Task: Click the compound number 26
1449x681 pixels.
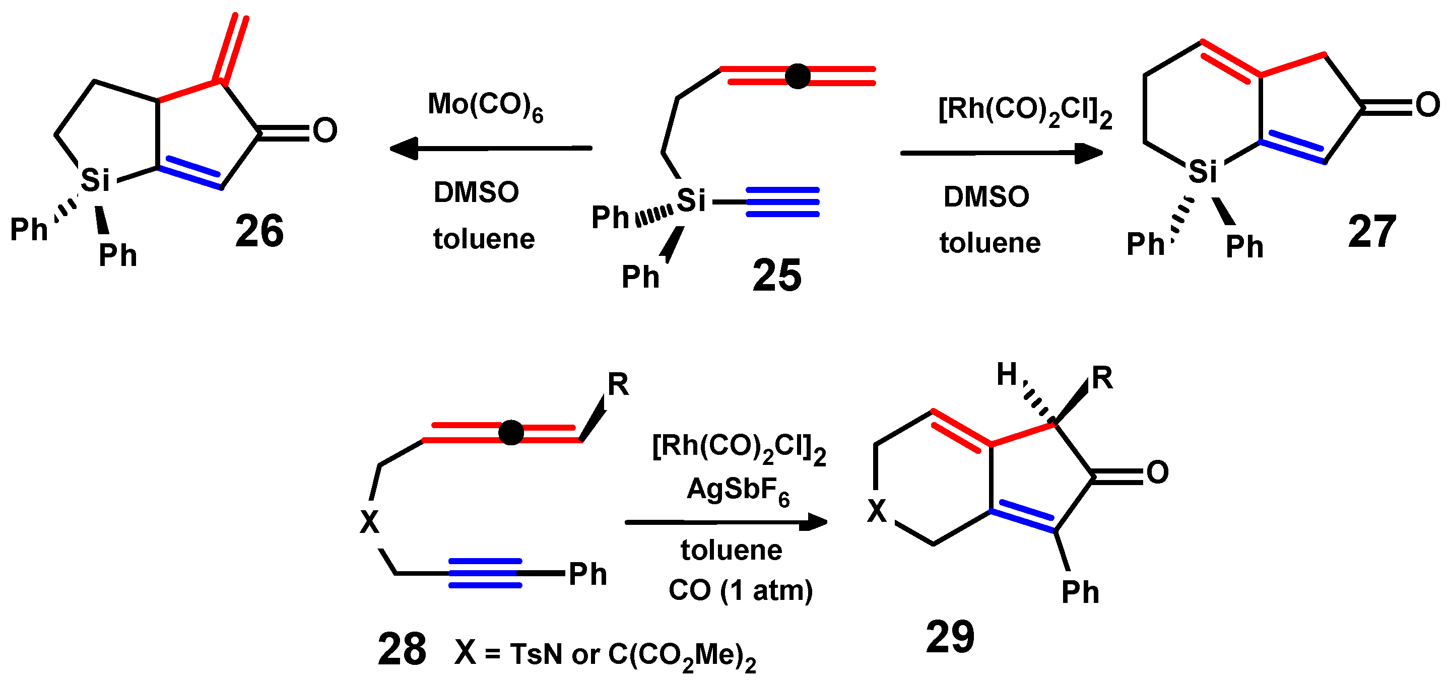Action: point(259,231)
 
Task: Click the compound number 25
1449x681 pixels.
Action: point(777,276)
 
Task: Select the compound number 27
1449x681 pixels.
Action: point(1372,232)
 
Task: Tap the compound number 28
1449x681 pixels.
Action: point(402,649)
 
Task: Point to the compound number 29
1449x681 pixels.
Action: point(950,637)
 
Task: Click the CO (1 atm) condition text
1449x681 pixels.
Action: point(740,590)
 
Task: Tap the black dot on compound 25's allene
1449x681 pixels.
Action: point(797,76)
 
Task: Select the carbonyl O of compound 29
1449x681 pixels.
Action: point(1157,472)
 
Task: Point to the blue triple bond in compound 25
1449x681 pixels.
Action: point(782,202)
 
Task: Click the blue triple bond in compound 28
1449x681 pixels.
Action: point(485,573)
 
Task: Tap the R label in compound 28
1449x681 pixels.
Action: point(618,385)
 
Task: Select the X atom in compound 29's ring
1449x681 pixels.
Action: point(876,511)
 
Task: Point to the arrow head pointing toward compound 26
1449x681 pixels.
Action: point(404,149)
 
